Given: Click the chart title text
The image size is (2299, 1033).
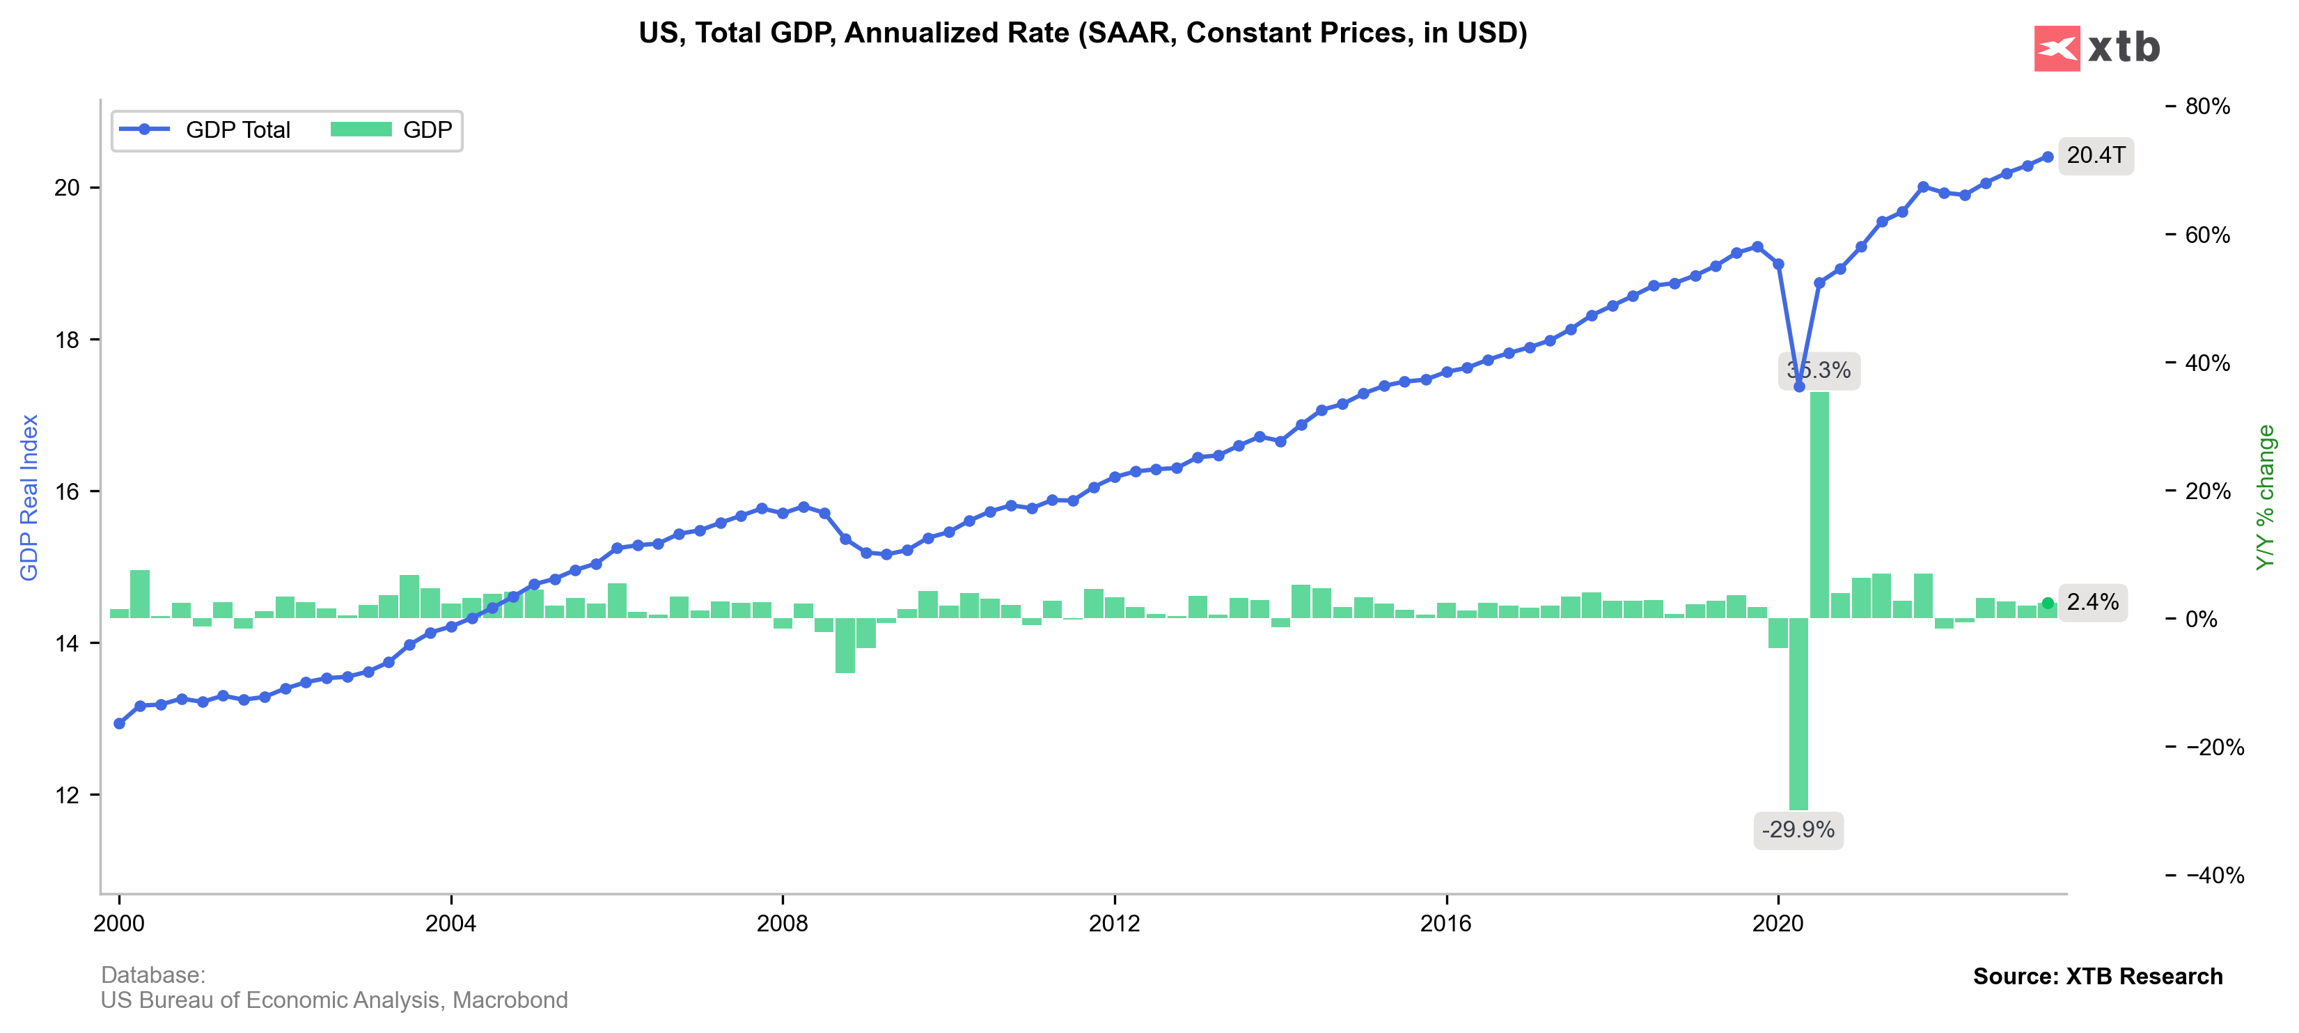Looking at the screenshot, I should (x=1082, y=33).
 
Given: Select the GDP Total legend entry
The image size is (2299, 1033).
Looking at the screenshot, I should (x=205, y=130).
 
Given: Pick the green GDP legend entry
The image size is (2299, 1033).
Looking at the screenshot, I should (x=392, y=130).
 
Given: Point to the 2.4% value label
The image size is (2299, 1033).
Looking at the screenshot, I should (x=2092, y=602).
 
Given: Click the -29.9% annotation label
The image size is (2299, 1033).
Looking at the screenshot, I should (x=1798, y=830).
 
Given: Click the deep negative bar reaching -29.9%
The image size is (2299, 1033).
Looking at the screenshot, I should (x=1798, y=713).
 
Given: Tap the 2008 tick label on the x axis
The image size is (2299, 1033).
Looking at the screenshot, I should (x=782, y=923).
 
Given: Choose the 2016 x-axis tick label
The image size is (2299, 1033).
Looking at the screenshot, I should (x=1446, y=923).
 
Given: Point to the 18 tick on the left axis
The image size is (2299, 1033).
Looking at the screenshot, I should (x=67, y=340).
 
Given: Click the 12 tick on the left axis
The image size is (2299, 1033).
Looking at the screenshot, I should (x=67, y=795).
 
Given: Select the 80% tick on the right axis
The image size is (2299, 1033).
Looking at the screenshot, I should (x=2206, y=107).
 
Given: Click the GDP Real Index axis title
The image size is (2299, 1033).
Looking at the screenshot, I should (x=29, y=497).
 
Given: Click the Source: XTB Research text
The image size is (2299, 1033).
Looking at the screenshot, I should (x=2097, y=976).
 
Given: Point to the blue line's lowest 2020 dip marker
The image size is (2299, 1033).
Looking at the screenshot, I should (x=1799, y=386).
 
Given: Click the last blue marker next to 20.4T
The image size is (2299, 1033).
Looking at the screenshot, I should (x=2048, y=157).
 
